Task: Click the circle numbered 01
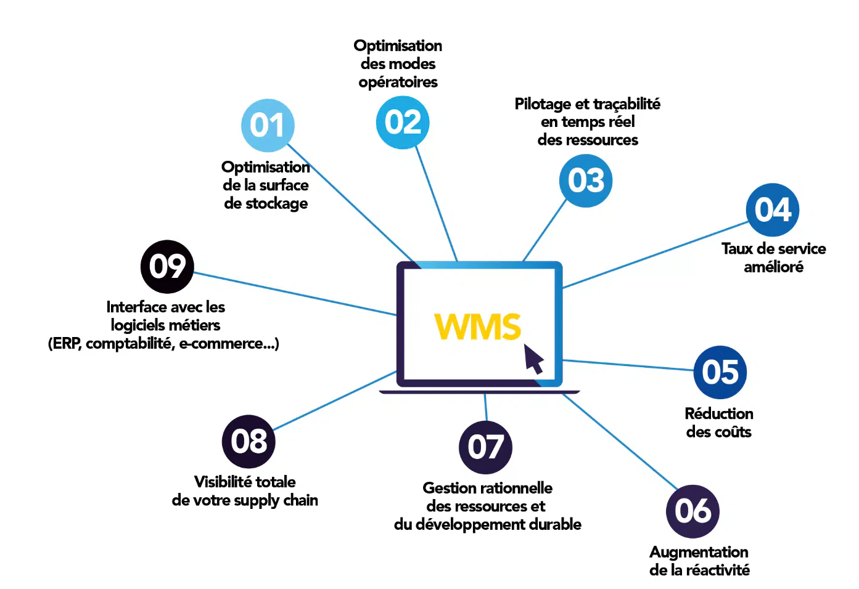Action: click(268, 125)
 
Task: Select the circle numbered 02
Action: click(402, 122)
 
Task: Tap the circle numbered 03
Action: click(586, 181)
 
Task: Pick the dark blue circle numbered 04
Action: click(772, 210)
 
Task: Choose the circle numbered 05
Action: click(720, 372)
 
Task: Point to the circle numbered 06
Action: click(693, 511)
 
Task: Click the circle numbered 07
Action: click(485, 447)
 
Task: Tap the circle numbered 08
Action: click(249, 442)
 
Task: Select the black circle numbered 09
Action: click(167, 267)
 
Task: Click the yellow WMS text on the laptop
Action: click(477, 327)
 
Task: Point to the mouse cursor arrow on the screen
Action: click(533, 359)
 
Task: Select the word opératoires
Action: click(398, 83)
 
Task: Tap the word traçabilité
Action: click(627, 104)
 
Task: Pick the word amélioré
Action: click(773, 267)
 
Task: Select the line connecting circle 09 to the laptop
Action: click(295, 294)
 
